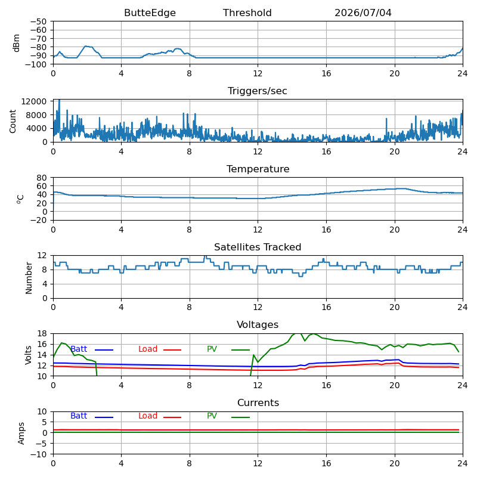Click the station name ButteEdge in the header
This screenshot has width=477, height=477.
click(x=150, y=13)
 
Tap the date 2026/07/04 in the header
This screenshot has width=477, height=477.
click(x=363, y=13)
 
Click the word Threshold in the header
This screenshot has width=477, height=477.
click(x=247, y=13)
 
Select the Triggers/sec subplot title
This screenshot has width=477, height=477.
click(x=258, y=91)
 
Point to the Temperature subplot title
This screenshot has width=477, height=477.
click(x=258, y=169)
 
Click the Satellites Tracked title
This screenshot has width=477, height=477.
click(x=258, y=247)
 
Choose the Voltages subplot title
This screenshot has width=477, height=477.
click(x=258, y=324)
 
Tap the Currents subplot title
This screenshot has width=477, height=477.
click(x=258, y=403)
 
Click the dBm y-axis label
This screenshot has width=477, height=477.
click(x=17, y=43)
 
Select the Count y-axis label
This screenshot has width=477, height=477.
click(x=13, y=121)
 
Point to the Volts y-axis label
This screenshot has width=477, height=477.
click(x=28, y=355)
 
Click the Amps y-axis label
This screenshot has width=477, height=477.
click(x=21, y=433)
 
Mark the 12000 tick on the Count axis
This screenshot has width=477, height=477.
click(x=34, y=101)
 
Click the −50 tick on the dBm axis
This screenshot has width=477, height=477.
click(x=38, y=21)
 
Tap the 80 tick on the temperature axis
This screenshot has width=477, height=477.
click(x=42, y=178)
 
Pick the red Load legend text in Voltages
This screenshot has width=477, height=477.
click(x=148, y=349)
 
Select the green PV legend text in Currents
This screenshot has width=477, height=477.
click(x=212, y=416)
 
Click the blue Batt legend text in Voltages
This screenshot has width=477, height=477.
click(x=79, y=349)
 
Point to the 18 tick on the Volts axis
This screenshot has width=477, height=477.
click(x=42, y=334)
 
